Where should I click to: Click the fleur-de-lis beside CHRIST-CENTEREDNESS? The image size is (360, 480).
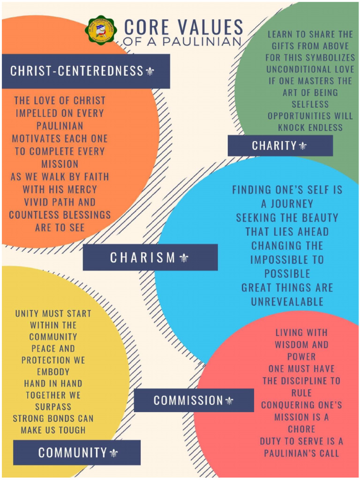pyautogui.click(x=150, y=71)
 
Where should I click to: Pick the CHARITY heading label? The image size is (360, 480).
pyautogui.click(x=274, y=146)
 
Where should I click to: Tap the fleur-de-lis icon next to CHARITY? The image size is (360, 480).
pyautogui.click(x=303, y=146)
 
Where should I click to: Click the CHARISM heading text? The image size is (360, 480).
pyautogui.click(x=142, y=257)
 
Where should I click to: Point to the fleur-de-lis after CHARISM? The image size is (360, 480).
pyautogui.click(x=183, y=257)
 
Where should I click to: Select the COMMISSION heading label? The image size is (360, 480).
pyautogui.click(x=188, y=400)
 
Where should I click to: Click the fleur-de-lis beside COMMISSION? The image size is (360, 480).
pyautogui.click(x=229, y=400)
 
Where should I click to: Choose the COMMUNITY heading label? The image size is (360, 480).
pyautogui.click(x=73, y=453)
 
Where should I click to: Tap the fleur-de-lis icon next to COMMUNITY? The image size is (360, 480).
pyautogui.click(x=114, y=453)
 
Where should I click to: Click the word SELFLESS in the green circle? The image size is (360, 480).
pyautogui.click(x=310, y=104)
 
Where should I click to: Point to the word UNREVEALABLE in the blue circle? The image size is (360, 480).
pyautogui.click(x=287, y=301)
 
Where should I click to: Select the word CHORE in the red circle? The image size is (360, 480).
pyautogui.click(x=301, y=429)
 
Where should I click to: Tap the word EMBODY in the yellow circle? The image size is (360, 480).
pyautogui.click(x=53, y=372)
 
